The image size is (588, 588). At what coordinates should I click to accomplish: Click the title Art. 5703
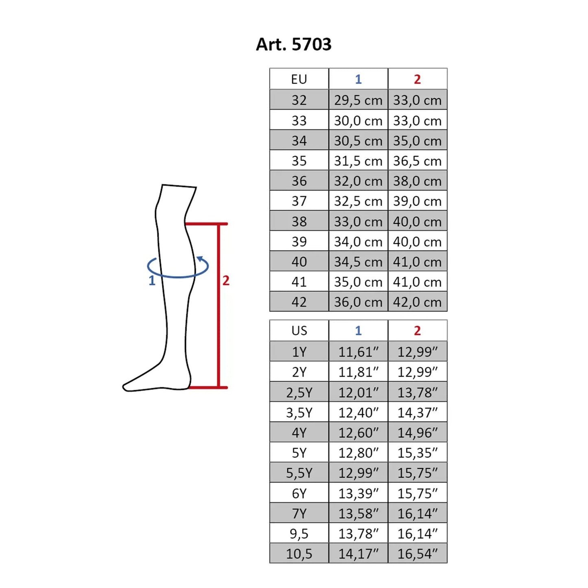(293, 44)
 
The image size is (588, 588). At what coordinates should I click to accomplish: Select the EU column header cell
(299, 79)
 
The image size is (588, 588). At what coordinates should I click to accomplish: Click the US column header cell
(299, 330)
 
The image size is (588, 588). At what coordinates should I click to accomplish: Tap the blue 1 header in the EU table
(358, 79)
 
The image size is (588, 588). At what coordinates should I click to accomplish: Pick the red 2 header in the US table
(418, 330)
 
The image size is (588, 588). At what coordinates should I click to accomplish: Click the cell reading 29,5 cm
(358, 100)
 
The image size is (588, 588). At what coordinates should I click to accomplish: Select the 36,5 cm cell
(418, 160)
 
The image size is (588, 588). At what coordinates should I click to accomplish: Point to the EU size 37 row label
(299, 201)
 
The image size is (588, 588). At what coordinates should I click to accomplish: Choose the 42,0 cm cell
(418, 302)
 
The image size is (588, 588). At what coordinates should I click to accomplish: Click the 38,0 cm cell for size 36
(418, 181)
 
